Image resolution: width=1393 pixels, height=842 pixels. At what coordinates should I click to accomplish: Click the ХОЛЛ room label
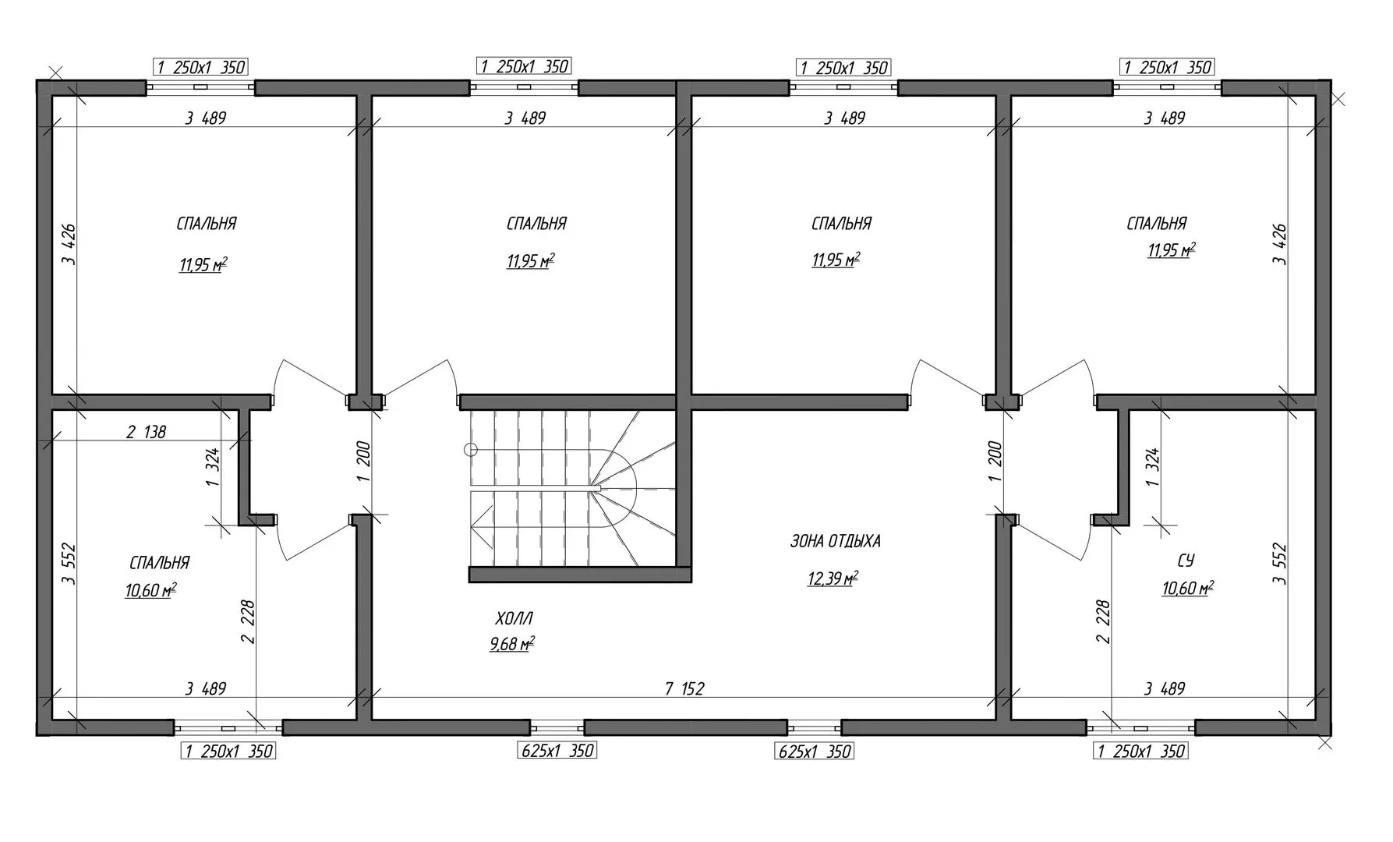point(514,619)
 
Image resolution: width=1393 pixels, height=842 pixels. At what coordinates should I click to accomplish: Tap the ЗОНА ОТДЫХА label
point(835,541)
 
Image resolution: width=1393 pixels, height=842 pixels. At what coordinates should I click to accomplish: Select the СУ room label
point(1185,561)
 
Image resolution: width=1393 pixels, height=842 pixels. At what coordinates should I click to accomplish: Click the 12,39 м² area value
point(833,578)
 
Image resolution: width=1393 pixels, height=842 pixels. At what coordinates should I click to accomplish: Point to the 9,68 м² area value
point(512,644)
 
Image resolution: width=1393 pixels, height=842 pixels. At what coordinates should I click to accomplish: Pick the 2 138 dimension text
point(146,431)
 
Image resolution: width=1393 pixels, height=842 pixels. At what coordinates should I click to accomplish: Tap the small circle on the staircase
point(470,449)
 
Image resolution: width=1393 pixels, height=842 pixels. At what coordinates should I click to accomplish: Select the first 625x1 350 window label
point(557,751)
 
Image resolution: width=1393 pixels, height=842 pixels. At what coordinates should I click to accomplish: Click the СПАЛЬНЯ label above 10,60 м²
point(160,563)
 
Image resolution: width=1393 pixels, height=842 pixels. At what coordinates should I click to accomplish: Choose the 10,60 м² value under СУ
point(1188,589)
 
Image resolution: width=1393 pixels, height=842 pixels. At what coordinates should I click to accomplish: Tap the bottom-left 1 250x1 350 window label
point(228,751)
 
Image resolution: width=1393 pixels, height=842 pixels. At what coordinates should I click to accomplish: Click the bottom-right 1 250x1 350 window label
point(1141,751)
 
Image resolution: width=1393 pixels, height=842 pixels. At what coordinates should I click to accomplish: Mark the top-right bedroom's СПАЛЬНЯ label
point(1157,224)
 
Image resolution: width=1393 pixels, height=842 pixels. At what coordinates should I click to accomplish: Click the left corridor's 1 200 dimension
point(364,462)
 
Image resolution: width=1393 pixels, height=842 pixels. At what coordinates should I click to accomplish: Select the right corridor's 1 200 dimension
point(994,462)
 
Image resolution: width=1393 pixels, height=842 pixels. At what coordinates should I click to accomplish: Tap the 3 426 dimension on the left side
point(69,245)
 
